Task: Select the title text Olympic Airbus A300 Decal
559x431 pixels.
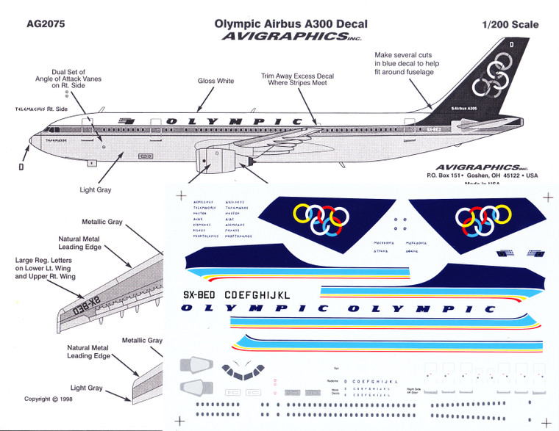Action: tap(291, 23)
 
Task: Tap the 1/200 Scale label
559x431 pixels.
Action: tap(510, 24)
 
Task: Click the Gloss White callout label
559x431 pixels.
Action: tap(216, 81)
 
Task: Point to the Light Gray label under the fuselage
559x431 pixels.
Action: tap(96, 190)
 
